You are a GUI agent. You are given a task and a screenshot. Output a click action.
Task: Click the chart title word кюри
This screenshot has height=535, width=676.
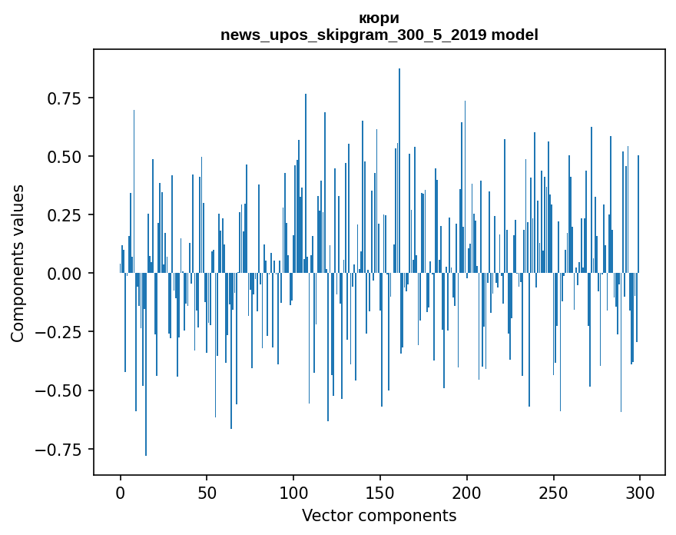click(x=379, y=18)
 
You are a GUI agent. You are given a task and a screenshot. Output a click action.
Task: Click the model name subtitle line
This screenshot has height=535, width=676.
click(x=379, y=35)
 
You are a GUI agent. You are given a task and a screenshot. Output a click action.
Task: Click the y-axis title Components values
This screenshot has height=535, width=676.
click(x=18, y=263)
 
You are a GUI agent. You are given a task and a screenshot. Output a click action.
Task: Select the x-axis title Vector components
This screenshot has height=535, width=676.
click(x=379, y=516)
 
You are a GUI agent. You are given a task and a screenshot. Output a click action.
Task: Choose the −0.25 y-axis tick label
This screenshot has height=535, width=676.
click(x=61, y=332)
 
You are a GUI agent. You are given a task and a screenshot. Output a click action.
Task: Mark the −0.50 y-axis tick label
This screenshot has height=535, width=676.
click(x=61, y=390)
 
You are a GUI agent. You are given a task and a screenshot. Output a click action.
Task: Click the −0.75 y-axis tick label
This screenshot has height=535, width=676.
click(x=61, y=450)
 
